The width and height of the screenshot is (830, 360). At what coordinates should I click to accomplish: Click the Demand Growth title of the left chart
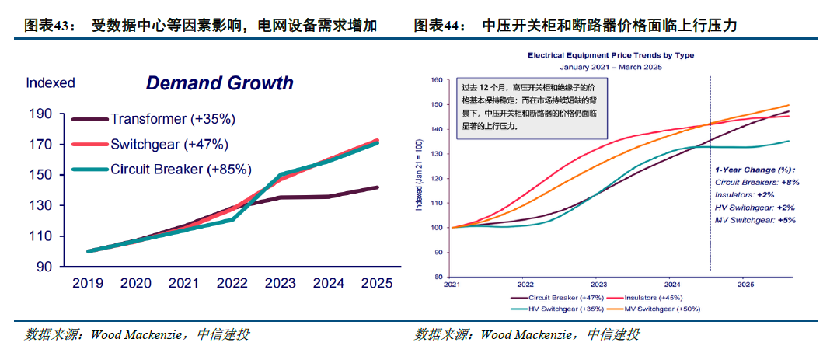pyautogui.click(x=220, y=83)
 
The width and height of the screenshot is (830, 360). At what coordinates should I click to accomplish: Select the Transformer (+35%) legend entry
pyautogui.click(x=173, y=119)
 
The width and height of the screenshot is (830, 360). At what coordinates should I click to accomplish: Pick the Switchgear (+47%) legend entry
pyautogui.click(x=169, y=144)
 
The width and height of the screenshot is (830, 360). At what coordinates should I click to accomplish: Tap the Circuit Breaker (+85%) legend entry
pyautogui.click(x=180, y=169)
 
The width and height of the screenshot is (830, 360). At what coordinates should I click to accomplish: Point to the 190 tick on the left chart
pyautogui.click(x=41, y=114)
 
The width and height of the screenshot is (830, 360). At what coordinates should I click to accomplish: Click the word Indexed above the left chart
pyautogui.click(x=51, y=82)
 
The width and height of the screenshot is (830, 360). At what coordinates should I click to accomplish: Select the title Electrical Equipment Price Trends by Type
pyautogui.click(x=611, y=56)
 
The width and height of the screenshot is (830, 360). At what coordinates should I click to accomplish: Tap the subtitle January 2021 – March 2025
pyautogui.click(x=611, y=68)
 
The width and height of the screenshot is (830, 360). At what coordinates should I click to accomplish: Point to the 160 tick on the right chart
pyautogui.click(x=436, y=79)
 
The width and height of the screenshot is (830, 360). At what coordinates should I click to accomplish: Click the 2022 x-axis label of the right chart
pyautogui.click(x=525, y=285)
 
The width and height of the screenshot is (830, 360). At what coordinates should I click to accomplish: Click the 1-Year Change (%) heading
pyautogui.click(x=755, y=169)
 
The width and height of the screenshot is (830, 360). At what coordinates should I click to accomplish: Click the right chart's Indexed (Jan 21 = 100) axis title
pyautogui.click(x=420, y=177)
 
